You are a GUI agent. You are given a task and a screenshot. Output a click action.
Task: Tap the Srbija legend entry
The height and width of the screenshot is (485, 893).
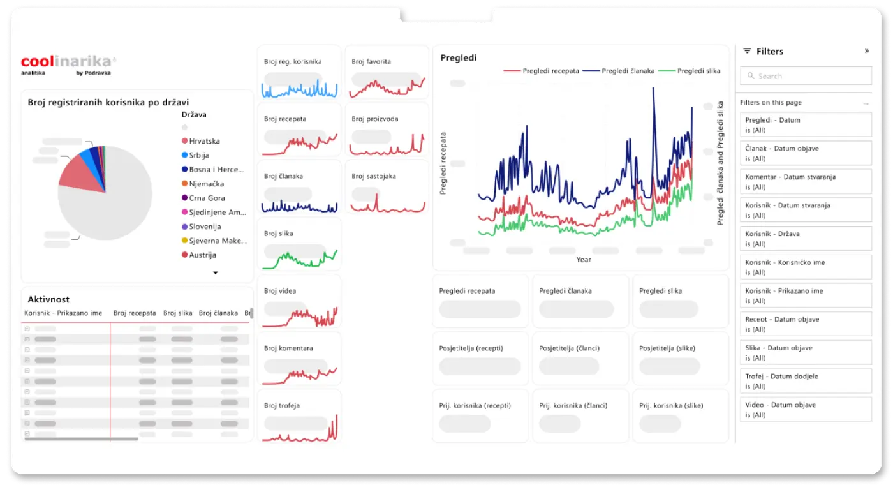[199, 155]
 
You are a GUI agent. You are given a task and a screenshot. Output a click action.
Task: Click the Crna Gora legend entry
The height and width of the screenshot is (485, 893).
[207, 198]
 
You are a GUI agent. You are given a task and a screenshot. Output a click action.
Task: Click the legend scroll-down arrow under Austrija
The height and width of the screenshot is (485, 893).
[215, 272]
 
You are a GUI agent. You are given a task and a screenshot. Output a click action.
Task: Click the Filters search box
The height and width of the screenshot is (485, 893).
[806, 76]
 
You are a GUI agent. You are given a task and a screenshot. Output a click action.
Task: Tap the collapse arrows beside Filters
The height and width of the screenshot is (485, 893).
[866, 51]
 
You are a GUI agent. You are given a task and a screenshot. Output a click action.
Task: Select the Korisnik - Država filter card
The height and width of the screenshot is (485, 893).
[806, 239]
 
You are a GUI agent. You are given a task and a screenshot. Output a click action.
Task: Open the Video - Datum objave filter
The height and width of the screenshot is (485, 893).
[806, 410]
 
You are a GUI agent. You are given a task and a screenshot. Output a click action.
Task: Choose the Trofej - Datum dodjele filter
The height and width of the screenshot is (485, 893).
[806, 381]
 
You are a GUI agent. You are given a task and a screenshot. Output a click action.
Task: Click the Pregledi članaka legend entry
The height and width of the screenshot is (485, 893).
[628, 71]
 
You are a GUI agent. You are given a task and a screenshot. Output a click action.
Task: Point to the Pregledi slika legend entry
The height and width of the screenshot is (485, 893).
[698, 71]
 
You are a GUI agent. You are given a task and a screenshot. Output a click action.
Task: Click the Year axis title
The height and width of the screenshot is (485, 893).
[583, 260]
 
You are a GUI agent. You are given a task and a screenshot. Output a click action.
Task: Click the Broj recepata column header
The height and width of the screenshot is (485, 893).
[135, 313]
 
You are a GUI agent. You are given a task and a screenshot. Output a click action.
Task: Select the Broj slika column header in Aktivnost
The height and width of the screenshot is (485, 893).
[177, 313]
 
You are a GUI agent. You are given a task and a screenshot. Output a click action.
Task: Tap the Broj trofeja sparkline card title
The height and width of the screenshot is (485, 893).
[281, 406]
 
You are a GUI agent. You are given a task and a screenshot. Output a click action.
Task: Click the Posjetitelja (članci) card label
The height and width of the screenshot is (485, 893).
[569, 348]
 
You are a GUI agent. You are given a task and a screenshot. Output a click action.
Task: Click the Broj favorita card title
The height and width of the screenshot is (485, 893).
[371, 62]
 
